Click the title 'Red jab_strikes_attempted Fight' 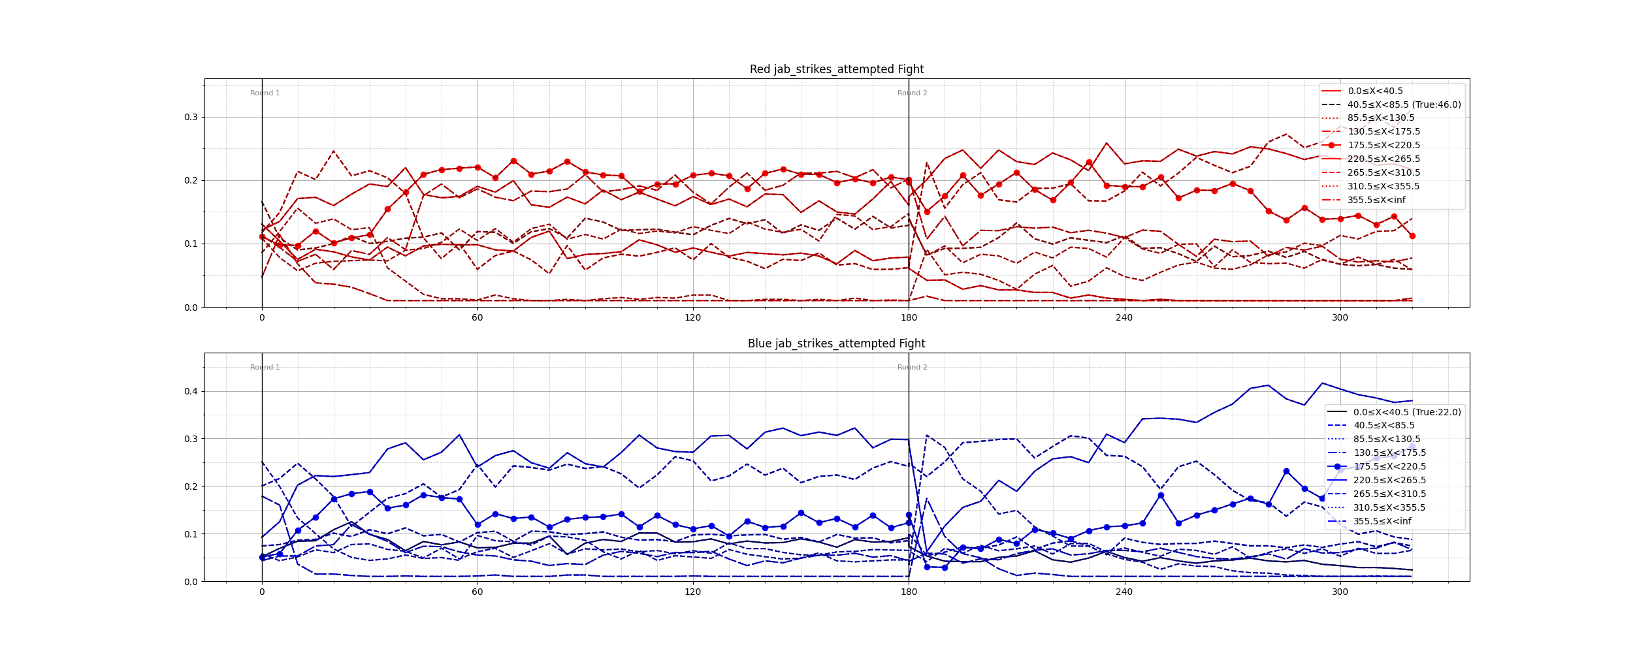[836, 69]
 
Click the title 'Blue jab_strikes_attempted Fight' [836, 343]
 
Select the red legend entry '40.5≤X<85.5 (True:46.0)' [1404, 104]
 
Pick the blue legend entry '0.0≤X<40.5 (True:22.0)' [1406, 412]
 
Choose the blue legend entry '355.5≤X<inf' [1382, 521]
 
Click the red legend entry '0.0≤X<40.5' [1375, 91]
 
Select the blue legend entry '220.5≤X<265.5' [1389, 480]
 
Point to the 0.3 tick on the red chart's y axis [191, 118]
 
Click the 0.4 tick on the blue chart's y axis [191, 392]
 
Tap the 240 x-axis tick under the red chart [1124, 318]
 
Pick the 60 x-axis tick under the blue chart [477, 592]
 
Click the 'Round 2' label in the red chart [912, 93]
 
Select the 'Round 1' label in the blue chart [265, 368]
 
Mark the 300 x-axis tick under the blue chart [1340, 592]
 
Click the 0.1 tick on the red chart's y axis [191, 244]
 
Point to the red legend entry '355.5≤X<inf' [1376, 200]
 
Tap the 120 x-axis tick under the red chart [692, 318]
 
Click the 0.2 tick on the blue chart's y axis [191, 486]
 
